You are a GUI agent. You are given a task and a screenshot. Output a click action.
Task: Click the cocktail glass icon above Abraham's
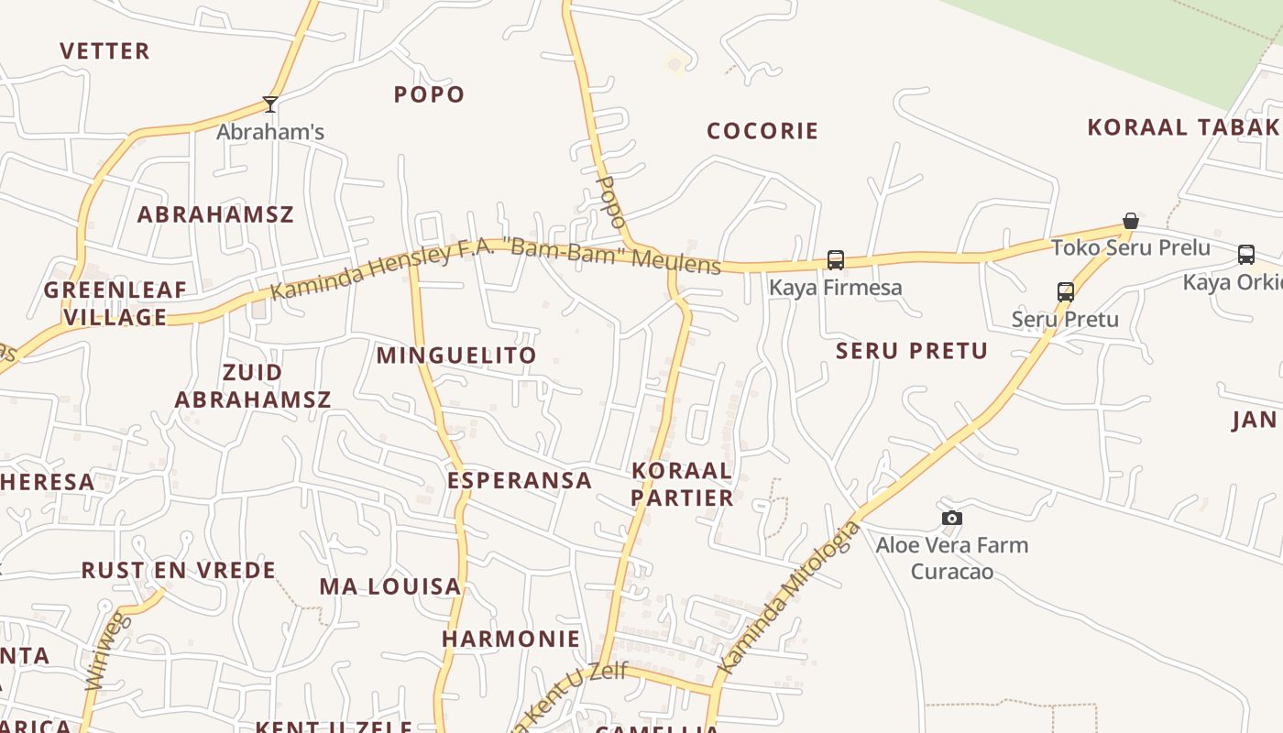click(x=270, y=104)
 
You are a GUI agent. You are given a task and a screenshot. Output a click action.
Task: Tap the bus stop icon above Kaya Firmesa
click(x=835, y=260)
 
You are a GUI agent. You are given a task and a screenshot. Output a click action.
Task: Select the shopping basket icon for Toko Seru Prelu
click(x=1131, y=221)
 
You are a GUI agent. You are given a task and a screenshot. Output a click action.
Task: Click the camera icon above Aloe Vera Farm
click(x=952, y=519)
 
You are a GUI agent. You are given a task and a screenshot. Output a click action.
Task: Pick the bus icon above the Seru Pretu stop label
click(x=1065, y=292)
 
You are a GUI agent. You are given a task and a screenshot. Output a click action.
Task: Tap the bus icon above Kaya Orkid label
click(x=1245, y=255)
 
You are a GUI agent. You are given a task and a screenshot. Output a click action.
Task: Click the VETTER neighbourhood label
click(x=104, y=51)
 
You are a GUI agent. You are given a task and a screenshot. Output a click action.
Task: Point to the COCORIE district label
click(x=762, y=131)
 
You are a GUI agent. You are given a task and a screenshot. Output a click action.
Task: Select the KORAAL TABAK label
click(x=1182, y=127)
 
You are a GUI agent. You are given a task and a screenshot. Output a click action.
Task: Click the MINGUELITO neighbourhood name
click(x=456, y=356)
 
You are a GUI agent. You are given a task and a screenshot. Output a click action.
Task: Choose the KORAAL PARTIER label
click(x=683, y=485)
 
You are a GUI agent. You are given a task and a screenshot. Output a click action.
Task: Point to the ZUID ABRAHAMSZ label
click(x=253, y=387)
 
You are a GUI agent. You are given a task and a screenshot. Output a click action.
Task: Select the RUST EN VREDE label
click(x=179, y=571)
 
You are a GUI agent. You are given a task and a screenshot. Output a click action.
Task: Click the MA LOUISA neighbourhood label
click(x=389, y=587)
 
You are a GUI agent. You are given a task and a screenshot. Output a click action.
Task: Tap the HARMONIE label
click(x=511, y=639)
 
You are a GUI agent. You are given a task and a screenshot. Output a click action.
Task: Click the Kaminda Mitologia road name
click(x=790, y=597)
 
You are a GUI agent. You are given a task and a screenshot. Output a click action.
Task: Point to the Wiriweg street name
click(x=108, y=652)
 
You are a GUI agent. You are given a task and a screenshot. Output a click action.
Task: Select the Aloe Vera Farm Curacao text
click(x=952, y=558)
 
